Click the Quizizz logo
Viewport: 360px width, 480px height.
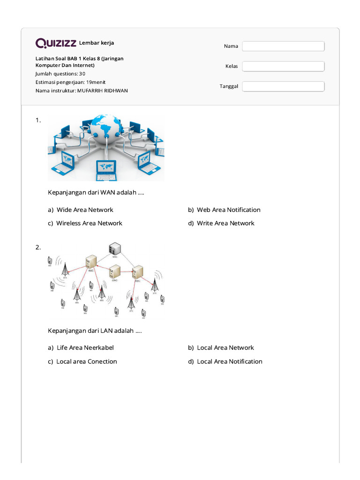pyautogui.click(x=56, y=43)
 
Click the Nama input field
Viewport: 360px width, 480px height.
pyautogui.click(x=283, y=46)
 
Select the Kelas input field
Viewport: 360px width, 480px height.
pyautogui.click(x=283, y=66)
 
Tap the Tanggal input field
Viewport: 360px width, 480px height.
pyautogui.click(x=283, y=86)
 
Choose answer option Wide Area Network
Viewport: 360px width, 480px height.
pyautogui.click(x=84, y=210)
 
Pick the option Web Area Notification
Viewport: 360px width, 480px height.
pyautogui.click(x=228, y=210)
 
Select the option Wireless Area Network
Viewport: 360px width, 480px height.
pyautogui.click(x=89, y=223)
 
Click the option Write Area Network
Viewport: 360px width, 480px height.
pyautogui.click(x=225, y=223)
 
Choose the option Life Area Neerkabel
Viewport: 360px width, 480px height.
pyautogui.click(x=85, y=348)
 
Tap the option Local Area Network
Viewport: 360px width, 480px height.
pyautogui.click(x=225, y=348)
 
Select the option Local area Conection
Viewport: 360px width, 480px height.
pyautogui.click(x=86, y=361)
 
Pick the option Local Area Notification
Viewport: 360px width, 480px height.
pyautogui.click(x=229, y=361)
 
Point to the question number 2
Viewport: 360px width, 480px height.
pyautogui.click(x=38, y=247)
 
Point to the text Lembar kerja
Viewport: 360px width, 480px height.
pyautogui.click(x=97, y=43)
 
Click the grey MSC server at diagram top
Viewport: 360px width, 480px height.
pyautogui.click(x=113, y=250)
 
